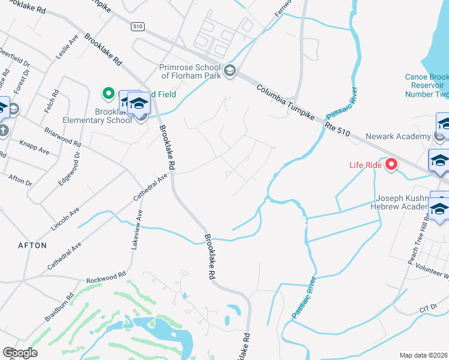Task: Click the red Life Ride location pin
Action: pyautogui.click(x=391, y=163)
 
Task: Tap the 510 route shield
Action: pyautogui.click(x=138, y=26)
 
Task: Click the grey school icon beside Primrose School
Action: pyautogui.click(x=229, y=72)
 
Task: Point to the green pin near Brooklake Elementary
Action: pyautogui.click(x=108, y=93)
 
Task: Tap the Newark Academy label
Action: pyautogui.click(x=405, y=137)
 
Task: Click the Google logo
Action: pyautogui.click(x=20, y=352)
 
